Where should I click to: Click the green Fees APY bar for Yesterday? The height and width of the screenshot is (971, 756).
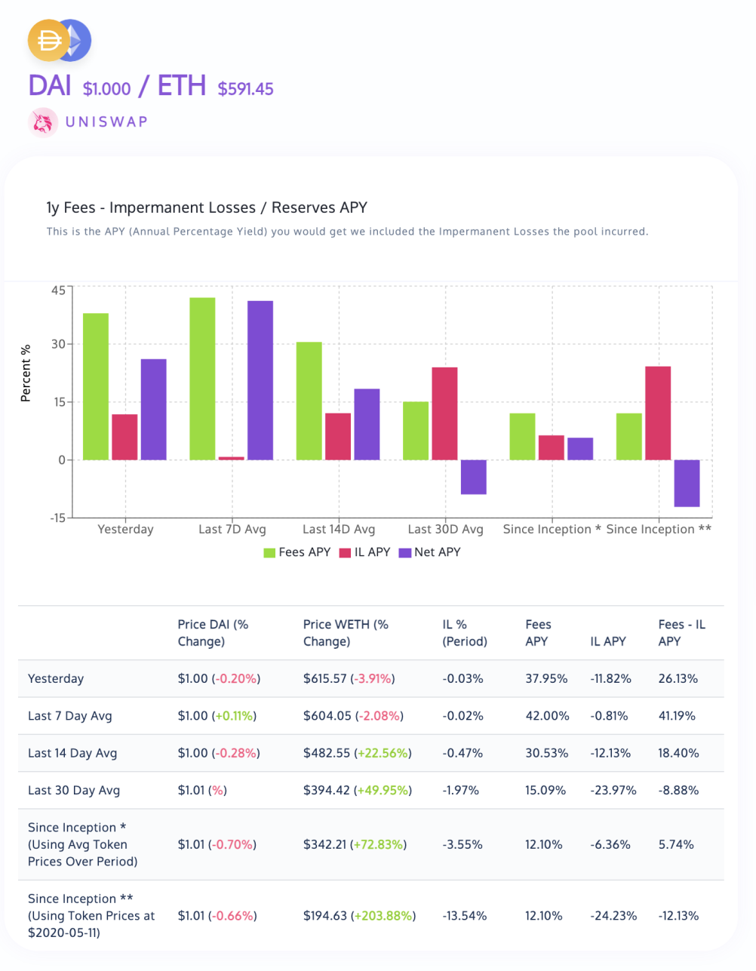[96, 386]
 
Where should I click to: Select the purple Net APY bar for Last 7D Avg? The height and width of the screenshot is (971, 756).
[260, 380]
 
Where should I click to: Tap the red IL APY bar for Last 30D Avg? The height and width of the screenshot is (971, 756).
[444, 413]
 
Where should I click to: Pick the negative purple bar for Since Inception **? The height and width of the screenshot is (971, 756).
[687, 483]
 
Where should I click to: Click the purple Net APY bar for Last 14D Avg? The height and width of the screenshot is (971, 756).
[367, 424]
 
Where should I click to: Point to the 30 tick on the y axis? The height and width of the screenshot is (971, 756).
[58, 344]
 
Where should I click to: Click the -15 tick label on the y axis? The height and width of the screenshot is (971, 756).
[57, 518]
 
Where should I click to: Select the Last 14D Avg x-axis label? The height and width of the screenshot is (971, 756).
[339, 530]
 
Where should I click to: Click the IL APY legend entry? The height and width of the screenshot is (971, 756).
[365, 552]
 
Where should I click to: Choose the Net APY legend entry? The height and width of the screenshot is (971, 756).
[430, 552]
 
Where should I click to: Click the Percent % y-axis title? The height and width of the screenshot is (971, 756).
[26, 373]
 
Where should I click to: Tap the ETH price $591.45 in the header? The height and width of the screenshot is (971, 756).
[245, 89]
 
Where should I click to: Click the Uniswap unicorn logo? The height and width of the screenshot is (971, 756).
[43, 122]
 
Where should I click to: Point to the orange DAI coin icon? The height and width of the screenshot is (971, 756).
[48, 41]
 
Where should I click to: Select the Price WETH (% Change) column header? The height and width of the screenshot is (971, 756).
[346, 633]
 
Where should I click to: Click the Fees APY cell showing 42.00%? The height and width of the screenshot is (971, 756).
[547, 716]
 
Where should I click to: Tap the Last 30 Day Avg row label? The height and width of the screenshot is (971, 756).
[74, 791]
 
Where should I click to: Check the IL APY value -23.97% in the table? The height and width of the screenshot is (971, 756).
[613, 791]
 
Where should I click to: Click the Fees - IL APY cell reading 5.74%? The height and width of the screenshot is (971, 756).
[676, 845]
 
